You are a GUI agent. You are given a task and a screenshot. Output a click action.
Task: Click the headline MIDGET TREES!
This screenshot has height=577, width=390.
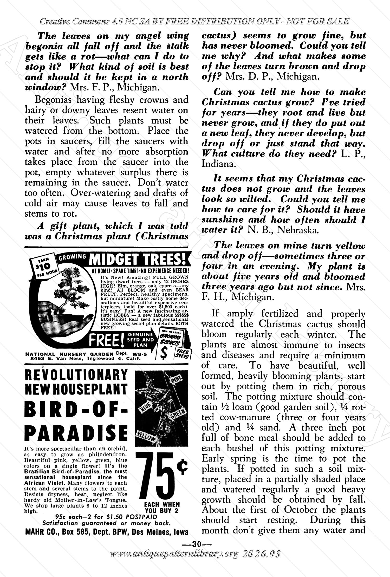click(x=138, y=259)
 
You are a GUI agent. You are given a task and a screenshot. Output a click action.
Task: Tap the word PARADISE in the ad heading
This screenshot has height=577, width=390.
click(x=76, y=432)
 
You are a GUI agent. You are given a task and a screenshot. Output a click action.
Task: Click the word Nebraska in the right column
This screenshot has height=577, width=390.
click(x=298, y=230)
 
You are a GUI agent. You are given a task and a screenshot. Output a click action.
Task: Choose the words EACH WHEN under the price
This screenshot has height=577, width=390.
click(x=162, y=504)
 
